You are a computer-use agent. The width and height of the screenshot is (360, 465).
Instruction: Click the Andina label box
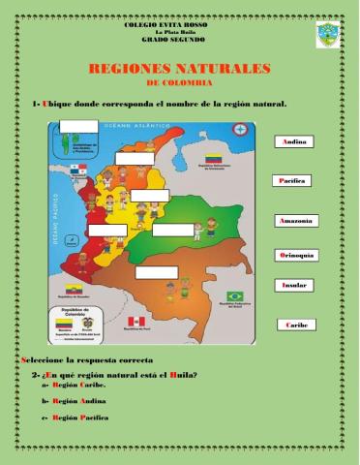coord(294,142)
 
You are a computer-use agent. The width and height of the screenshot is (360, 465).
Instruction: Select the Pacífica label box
coord(293,181)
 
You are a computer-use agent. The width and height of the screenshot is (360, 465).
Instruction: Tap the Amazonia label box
coord(295,221)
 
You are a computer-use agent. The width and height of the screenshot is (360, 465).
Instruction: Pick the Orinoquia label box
coord(295,255)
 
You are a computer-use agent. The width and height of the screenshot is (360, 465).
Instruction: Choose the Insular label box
coord(294,286)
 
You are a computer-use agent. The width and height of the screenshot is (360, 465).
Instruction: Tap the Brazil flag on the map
coord(234,296)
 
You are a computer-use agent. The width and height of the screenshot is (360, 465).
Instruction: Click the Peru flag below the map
coord(135,321)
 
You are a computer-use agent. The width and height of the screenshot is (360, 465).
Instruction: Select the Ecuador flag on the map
coord(73,289)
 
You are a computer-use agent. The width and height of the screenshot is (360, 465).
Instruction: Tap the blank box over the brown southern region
coord(156,272)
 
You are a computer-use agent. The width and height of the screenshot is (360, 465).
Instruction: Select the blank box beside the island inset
coord(78,126)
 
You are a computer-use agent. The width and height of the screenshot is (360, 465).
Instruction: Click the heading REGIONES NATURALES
coord(179,70)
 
